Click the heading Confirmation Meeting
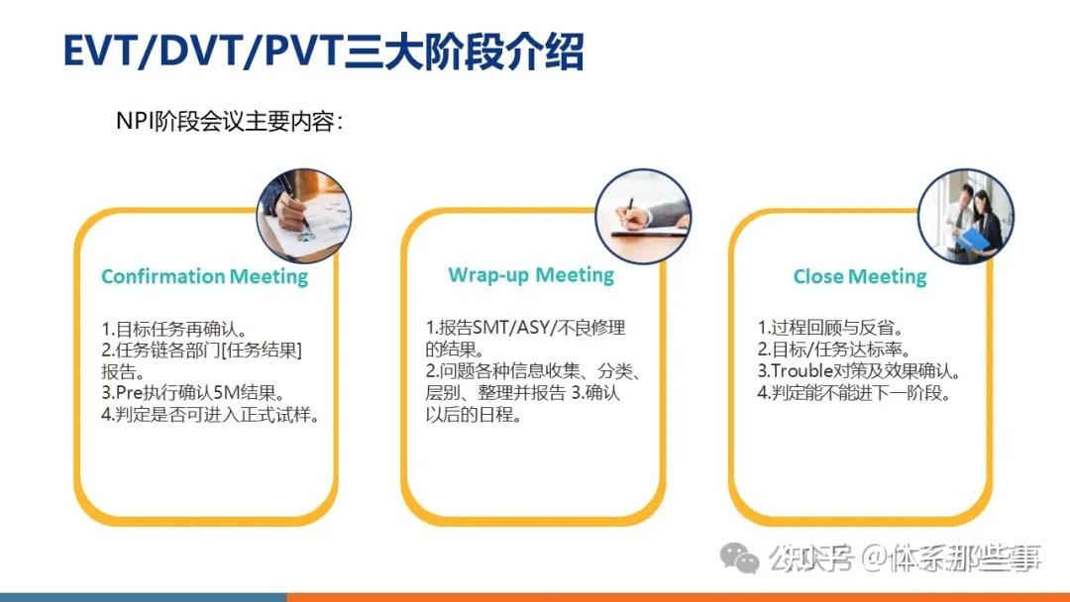click(x=204, y=276)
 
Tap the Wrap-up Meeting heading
click(x=531, y=274)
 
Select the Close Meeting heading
click(x=859, y=276)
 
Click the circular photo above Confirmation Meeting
click(x=303, y=215)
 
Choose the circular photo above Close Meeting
click(x=966, y=215)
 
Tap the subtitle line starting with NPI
click(x=230, y=122)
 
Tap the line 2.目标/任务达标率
click(x=834, y=350)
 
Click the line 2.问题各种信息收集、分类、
click(x=536, y=371)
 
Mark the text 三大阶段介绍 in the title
click(x=464, y=51)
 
